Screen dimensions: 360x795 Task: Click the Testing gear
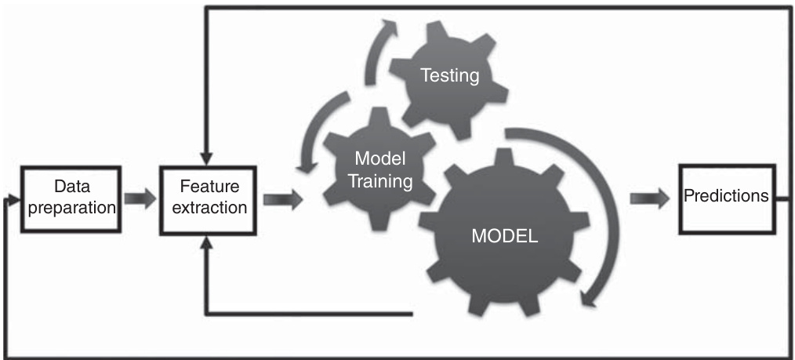[449, 76]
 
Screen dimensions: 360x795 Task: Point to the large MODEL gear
[505, 235]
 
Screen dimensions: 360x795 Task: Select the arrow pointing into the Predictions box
[649, 198]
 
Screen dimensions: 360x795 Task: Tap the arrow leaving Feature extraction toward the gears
[283, 198]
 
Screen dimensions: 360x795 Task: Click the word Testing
[449, 76]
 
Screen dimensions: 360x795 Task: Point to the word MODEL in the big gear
[505, 236]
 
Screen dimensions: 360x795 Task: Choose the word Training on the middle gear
[380, 181]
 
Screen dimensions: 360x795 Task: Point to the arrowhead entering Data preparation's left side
[11, 198]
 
